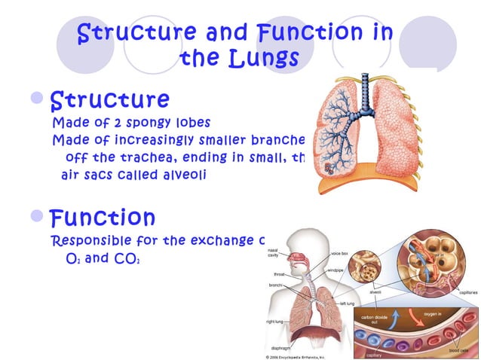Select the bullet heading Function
pyautogui.click(x=103, y=218)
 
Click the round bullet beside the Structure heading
pyautogui.click(x=37, y=99)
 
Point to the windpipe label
pyautogui.click(x=335, y=270)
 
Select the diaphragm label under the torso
pyautogui.click(x=281, y=347)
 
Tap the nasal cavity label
pyautogui.click(x=272, y=252)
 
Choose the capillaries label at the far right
pyautogui.click(x=467, y=291)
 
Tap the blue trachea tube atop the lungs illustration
pyautogui.click(x=367, y=90)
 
